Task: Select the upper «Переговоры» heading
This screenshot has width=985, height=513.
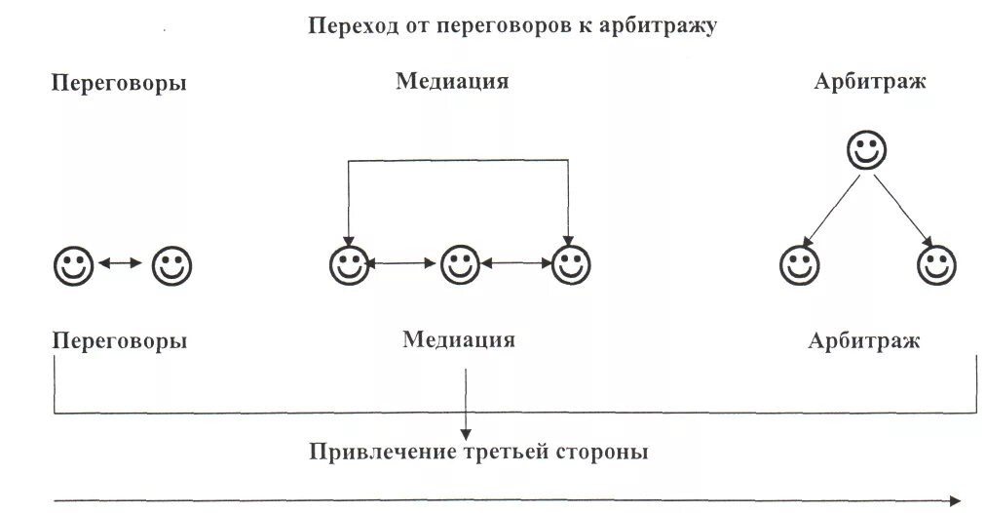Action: click(119, 83)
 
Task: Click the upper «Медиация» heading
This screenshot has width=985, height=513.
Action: click(452, 81)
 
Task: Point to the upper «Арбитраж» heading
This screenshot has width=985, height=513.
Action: click(870, 82)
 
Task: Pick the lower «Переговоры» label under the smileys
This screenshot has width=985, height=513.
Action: click(119, 341)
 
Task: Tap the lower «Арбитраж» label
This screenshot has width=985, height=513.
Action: click(863, 341)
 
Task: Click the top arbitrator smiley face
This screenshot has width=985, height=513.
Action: click(865, 151)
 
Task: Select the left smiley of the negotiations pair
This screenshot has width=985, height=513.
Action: click(73, 263)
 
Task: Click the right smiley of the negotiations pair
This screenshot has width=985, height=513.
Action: click(171, 263)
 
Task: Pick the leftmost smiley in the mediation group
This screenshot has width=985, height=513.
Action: click(348, 263)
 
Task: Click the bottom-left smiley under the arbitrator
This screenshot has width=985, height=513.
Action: click(799, 264)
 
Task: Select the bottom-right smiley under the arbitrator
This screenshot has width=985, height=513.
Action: click(937, 264)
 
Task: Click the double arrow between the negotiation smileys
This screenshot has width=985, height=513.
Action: click(122, 262)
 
